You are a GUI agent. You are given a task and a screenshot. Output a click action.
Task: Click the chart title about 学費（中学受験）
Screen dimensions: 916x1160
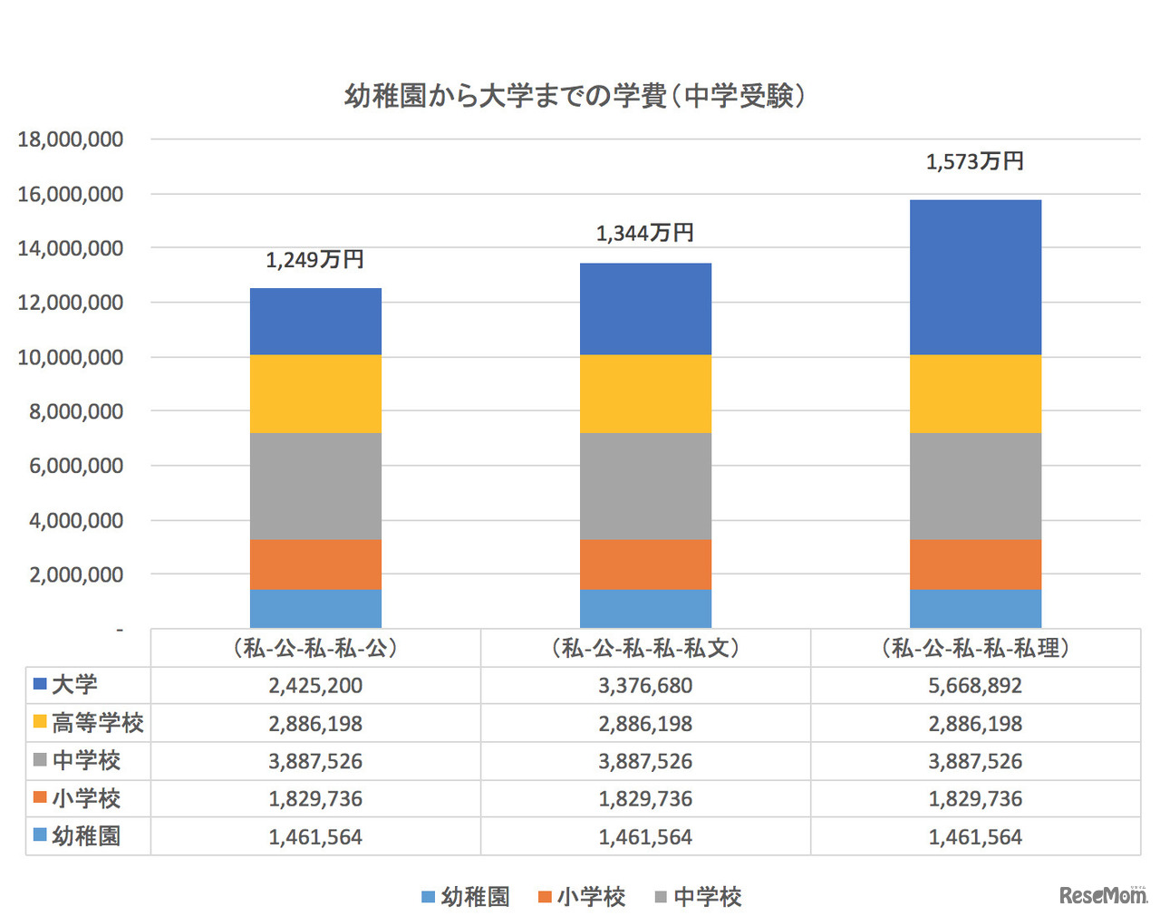[575, 96]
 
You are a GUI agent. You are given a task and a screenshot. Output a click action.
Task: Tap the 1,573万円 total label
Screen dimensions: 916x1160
[974, 162]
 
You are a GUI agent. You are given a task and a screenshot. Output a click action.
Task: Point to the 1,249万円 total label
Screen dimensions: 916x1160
[314, 260]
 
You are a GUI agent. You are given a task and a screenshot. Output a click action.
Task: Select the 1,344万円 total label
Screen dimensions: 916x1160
[644, 234]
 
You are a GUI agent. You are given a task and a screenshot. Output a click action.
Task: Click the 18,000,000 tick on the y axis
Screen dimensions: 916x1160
[71, 140]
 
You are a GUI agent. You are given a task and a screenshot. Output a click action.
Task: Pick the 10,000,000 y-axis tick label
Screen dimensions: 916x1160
[71, 357]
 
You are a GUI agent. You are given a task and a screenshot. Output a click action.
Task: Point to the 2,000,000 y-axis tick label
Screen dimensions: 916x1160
[76, 574]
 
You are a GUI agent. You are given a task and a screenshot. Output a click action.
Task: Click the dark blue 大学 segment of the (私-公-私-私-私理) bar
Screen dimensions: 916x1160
[975, 276]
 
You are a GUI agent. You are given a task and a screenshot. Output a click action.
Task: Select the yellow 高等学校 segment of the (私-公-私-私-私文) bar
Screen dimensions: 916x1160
[645, 393]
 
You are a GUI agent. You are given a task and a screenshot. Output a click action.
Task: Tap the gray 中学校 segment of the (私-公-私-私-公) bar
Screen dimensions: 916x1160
[315, 486]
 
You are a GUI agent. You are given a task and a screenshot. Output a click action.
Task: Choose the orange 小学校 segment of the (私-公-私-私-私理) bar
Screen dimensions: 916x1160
[975, 564]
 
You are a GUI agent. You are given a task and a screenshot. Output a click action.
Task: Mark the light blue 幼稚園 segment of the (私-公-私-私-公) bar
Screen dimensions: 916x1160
[315, 609]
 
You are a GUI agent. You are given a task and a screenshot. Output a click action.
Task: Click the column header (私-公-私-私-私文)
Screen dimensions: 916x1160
[645, 648]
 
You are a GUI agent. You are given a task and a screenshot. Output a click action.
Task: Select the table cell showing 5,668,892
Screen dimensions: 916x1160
[975, 686]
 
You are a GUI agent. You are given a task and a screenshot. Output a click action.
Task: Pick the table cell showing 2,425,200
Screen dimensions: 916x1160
[315, 686]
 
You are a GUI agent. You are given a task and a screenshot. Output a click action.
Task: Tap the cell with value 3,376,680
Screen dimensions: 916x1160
[645, 686]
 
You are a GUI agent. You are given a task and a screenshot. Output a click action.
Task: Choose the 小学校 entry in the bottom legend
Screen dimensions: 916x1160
[582, 897]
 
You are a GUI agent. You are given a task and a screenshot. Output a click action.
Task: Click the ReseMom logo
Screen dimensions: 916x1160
[1102, 895]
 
